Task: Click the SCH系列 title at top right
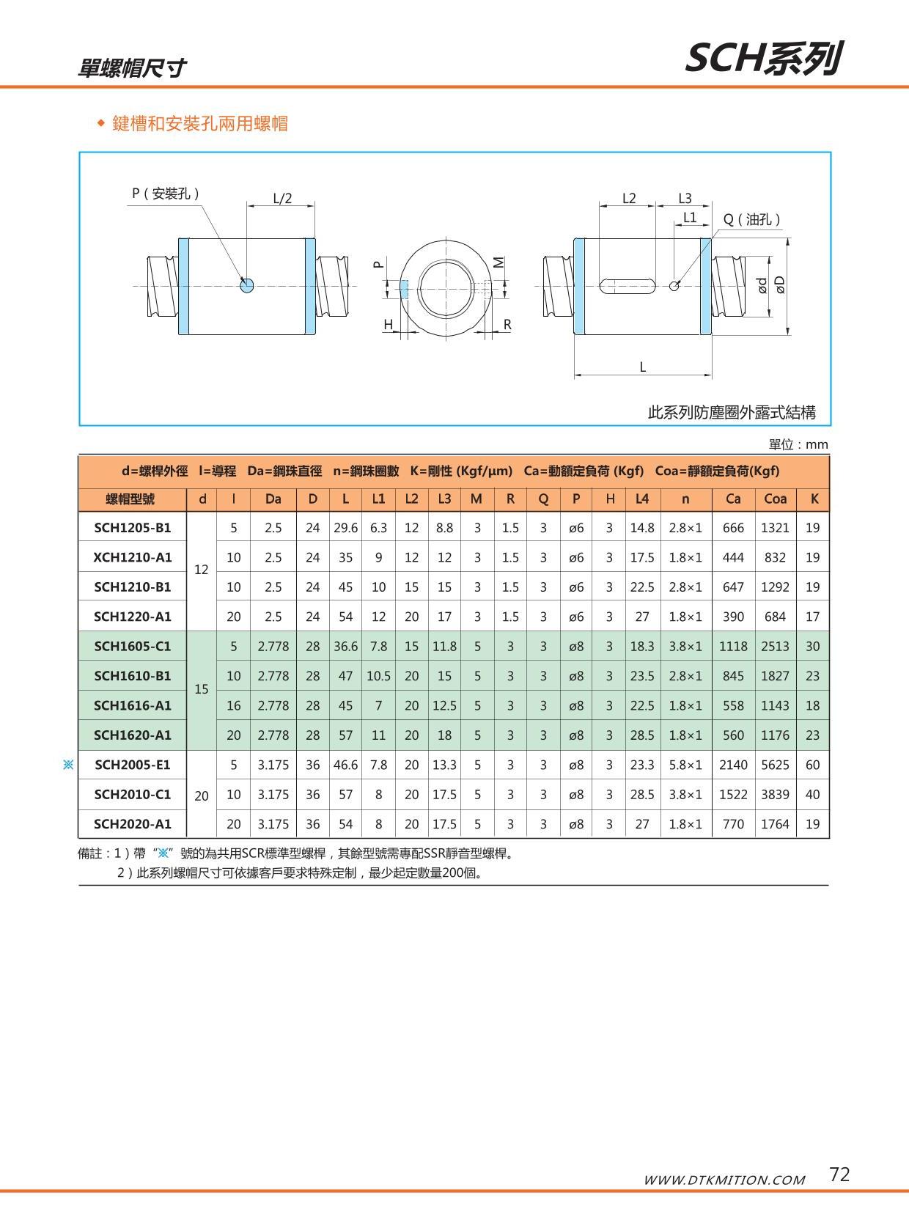(763, 59)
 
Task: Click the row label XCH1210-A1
(133, 557)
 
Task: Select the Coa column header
(775, 499)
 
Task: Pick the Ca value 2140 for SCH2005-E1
(733, 765)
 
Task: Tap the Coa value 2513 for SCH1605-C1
(775, 646)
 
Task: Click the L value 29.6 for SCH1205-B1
(345, 528)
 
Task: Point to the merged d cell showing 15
(202, 689)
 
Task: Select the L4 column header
(642, 499)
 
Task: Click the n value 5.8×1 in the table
(685, 765)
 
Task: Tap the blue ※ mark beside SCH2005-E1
(68, 765)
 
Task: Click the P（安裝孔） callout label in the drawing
(166, 194)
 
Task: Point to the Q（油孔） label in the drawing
(751, 219)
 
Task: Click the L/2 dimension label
(282, 199)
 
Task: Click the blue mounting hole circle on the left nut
(247, 285)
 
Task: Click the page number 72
(839, 1175)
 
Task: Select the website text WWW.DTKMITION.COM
(724, 1180)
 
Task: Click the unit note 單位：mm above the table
(798, 444)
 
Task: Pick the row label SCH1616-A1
(133, 705)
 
